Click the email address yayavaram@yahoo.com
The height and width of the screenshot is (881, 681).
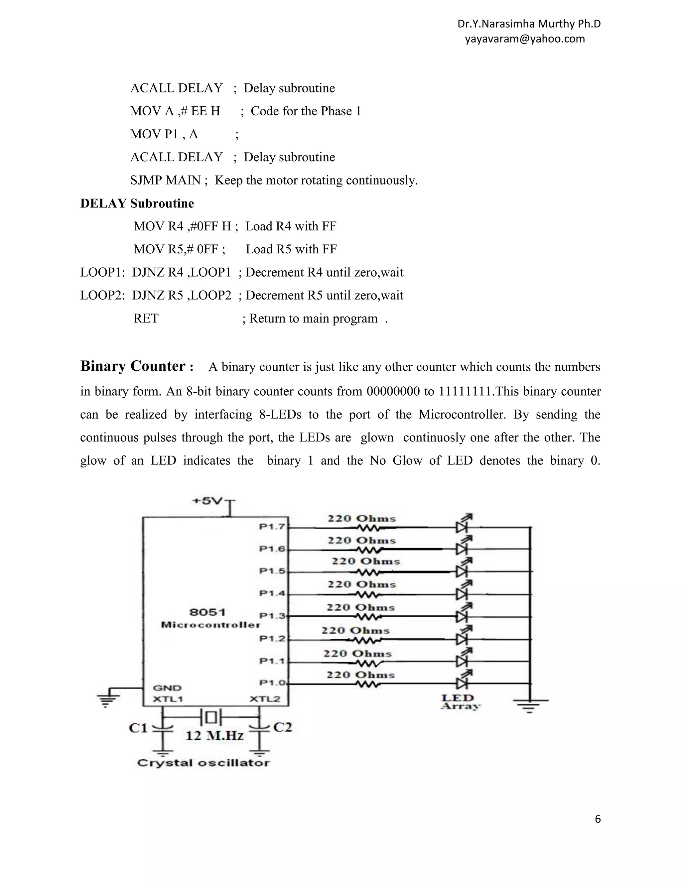coord(524,39)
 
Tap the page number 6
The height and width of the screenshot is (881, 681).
coord(598,819)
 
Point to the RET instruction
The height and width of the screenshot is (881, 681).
coord(146,318)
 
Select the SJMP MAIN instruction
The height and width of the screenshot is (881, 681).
coord(165,180)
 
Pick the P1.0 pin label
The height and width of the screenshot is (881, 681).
coord(272,683)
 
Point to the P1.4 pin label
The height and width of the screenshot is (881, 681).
coord(272,593)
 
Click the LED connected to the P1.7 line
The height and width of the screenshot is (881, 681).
coord(462,526)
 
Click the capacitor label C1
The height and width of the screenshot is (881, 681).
coord(138,728)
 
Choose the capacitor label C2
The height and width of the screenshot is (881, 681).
coord(282,727)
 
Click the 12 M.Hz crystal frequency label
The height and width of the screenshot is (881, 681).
coord(214,736)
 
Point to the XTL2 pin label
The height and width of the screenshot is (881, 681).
coord(265,699)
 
